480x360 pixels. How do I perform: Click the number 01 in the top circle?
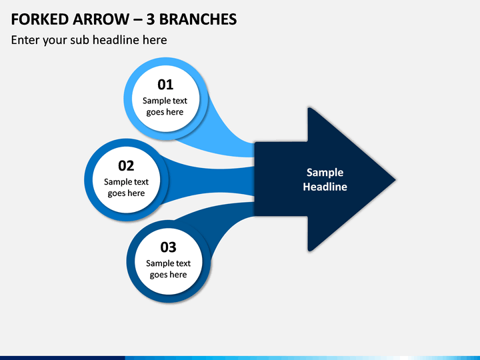pos(165,85)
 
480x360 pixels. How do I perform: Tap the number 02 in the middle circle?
pos(126,165)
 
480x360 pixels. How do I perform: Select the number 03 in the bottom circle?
pos(168,247)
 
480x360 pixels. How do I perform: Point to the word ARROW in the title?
pos(101,19)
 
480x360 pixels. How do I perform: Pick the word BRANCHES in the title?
pos(198,19)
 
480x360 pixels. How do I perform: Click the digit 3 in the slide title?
pos(150,19)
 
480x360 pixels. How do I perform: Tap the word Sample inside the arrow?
pos(325,173)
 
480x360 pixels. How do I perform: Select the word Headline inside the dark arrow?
pos(325,187)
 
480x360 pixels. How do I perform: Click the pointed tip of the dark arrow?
pos(395,180)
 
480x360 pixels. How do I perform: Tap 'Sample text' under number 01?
pos(165,101)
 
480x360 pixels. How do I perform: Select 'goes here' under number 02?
pos(126,193)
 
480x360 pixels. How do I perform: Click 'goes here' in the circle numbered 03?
pos(168,275)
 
